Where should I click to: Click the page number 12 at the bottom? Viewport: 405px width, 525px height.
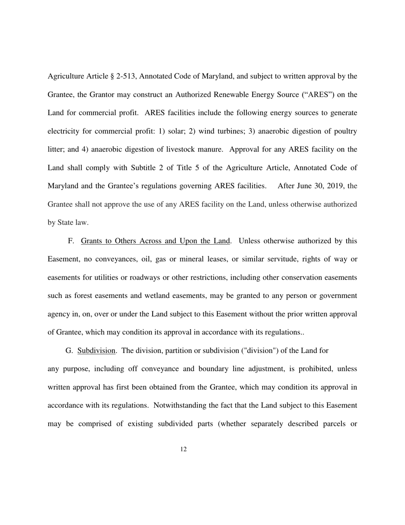point(183,449)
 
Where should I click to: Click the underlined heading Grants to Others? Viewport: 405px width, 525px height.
point(155,241)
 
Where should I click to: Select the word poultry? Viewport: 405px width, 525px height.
point(344,131)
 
